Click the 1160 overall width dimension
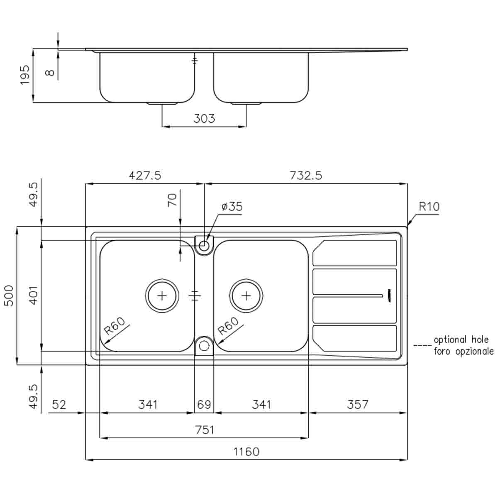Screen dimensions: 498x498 [246, 451]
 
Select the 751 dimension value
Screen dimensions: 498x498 [205, 430]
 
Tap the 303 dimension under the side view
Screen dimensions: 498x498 [204, 119]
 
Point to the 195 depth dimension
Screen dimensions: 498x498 [25, 75]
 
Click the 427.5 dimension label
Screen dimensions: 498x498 [145, 176]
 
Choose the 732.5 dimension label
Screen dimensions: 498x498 [306, 176]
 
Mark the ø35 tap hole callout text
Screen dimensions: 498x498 [232, 206]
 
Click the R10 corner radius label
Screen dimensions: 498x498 [429, 206]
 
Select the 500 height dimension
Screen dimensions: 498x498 [9, 295]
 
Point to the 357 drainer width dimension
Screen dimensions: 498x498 [357, 404]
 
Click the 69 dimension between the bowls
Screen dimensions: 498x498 [204, 404]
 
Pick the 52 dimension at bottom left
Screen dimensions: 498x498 [59, 404]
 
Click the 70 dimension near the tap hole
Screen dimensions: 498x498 [172, 200]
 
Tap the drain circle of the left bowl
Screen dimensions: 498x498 [162, 295]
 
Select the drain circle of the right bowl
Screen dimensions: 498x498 [247, 295]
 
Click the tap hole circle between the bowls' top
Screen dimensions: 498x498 [204, 245]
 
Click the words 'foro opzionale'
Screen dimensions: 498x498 [464, 352]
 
